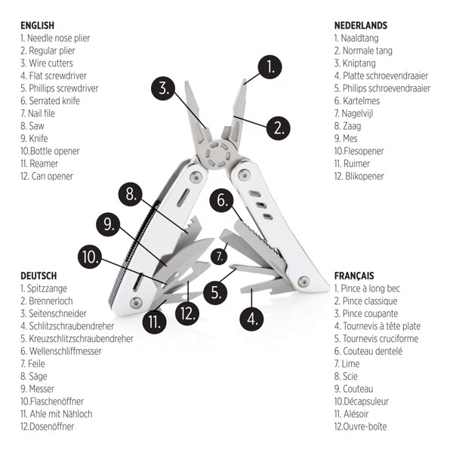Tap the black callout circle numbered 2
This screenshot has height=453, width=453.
click(278, 126)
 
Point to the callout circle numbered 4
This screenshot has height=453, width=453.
click(252, 318)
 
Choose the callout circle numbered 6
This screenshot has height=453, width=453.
click(222, 200)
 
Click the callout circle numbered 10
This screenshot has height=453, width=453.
click(90, 257)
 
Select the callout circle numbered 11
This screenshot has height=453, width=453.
click(156, 322)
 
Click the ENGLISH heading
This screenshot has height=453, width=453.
click(37, 25)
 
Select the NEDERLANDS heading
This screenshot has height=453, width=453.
click(360, 25)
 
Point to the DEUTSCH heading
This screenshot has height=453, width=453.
click(39, 276)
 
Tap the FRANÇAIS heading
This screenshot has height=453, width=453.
click(354, 276)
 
